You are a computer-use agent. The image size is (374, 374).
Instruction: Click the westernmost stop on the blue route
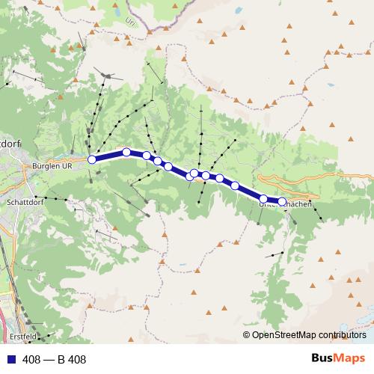click(x=92, y=159)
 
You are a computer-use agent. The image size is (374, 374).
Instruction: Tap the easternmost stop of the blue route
click(x=282, y=201)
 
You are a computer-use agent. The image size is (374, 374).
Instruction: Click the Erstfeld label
click(x=22, y=337)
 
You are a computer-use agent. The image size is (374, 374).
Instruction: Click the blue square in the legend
click(x=10, y=360)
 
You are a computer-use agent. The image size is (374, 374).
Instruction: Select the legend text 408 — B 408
click(x=54, y=360)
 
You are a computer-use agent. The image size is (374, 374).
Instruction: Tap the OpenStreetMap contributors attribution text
click(x=308, y=334)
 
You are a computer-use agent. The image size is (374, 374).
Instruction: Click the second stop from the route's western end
click(x=126, y=152)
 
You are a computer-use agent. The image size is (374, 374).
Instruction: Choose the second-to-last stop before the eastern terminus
click(x=264, y=198)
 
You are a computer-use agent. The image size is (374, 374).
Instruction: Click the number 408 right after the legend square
click(x=31, y=360)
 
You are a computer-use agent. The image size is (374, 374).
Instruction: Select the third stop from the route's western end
click(x=147, y=156)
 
